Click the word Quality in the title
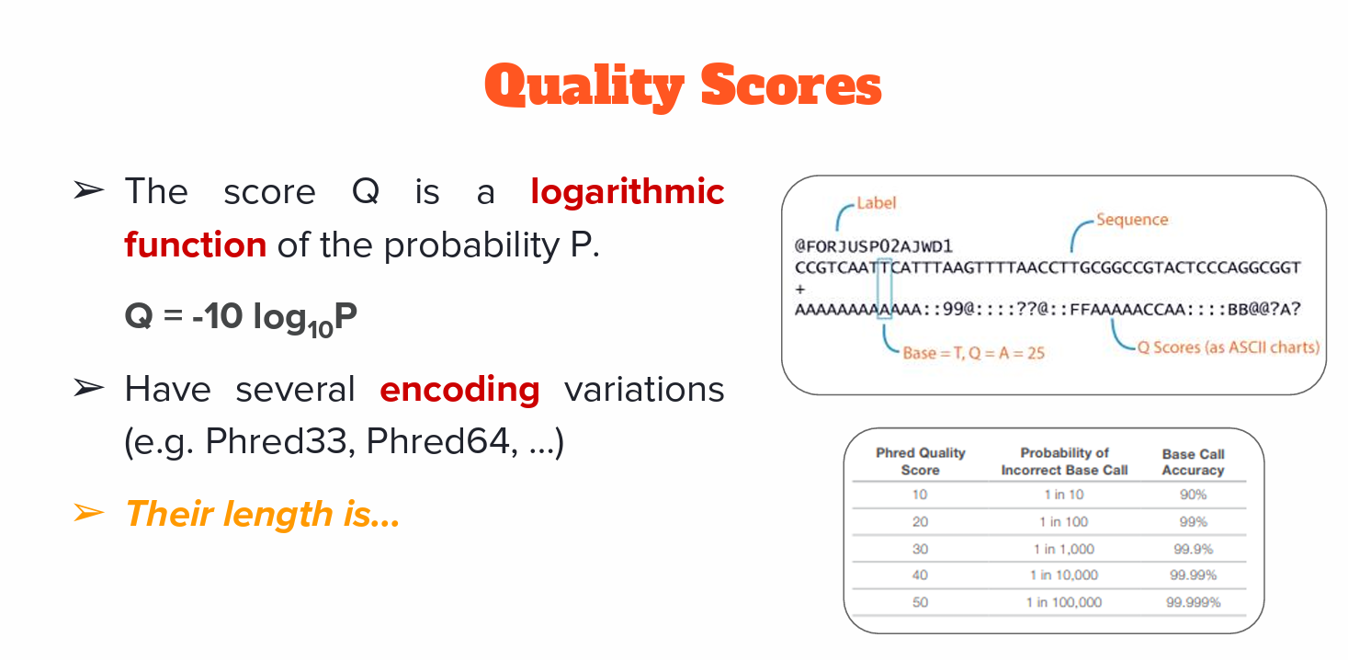(583, 87)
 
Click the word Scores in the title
(791, 85)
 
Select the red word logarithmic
(627, 192)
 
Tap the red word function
(196, 245)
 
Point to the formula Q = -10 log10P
(241, 318)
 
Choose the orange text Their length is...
(263, 514)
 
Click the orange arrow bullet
(89, 513)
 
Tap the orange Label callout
(877, 203)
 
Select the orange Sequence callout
(1132, 219)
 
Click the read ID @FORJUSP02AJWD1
(873, 246)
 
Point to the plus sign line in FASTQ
(799, 289)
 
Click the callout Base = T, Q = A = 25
(974, 353)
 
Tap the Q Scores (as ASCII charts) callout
(1229, 347)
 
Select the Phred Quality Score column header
(920, 461)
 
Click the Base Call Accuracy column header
(1193, 461)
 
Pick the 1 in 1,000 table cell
(1064, 549)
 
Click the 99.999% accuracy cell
(1193, 602)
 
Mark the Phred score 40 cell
(920, 575)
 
